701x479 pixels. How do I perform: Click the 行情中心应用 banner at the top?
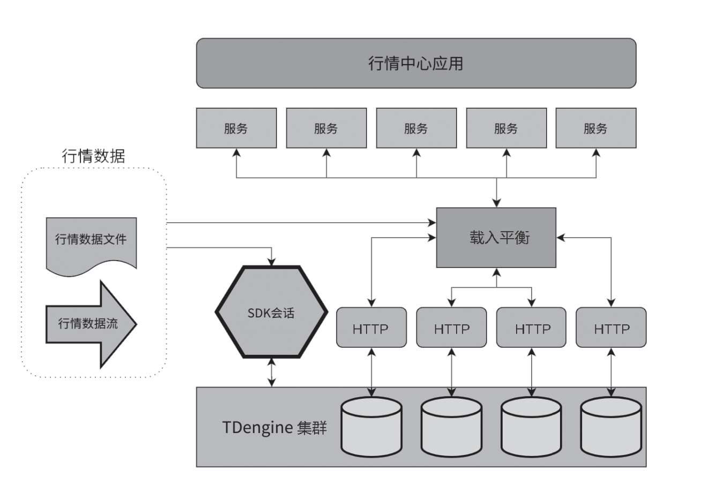[x=416, y=63]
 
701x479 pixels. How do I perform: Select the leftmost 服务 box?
[x=236, y=128]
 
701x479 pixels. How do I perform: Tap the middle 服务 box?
[x=416, y=128]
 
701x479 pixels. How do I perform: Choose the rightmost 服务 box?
[x=596, y=128]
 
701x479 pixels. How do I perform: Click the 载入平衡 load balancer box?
[x=496, y=238]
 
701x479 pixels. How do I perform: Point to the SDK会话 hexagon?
[x=271, y=313]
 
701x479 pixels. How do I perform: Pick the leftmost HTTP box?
[x=371, y=327]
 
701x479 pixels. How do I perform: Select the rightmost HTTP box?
[x=611, y=327]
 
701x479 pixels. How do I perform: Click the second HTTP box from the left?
[x=451, y=327]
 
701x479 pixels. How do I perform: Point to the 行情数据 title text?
[x=94, y=156]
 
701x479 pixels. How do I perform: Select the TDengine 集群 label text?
[x=274, y=428]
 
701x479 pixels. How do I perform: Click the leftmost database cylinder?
[x=371, y=425]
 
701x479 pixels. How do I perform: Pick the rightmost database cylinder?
[x=611, y=425]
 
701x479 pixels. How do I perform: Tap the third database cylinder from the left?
[x=531, y=425]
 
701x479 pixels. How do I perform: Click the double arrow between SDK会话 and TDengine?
[x=272, y=374]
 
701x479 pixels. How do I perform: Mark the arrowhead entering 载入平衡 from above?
[x=497, y=203]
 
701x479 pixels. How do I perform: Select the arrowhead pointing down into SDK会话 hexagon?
[x=273, y=261]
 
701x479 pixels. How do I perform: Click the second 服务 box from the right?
[x=506, y=128]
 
